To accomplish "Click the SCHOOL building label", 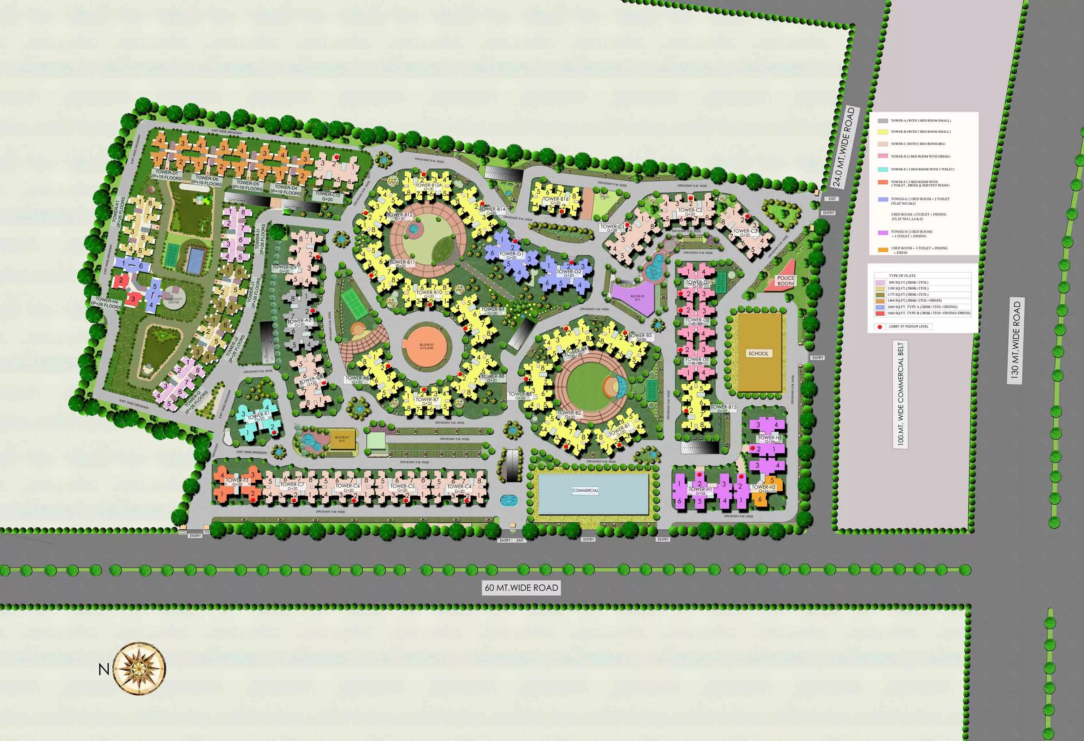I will click(758, 353).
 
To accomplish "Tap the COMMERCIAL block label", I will click(585, 491).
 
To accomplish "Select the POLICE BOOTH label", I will click(786, 280).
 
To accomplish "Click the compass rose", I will click(139, 668).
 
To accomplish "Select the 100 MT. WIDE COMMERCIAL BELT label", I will click(900, 394).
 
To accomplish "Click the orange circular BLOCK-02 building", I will click(426, 346).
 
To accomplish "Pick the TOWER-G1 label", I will click(511, 254).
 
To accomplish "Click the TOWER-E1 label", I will click(259, 415).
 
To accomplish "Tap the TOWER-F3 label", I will click(237, 480).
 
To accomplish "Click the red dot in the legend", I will click(880, 327).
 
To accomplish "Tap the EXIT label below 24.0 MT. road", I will click(832, 199).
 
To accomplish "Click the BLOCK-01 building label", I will click(341, 438).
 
